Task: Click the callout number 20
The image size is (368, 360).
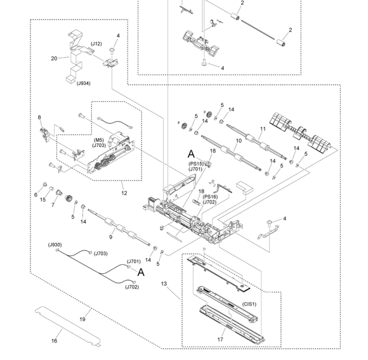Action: [54, 58]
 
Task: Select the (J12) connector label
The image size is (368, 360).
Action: [96, 44]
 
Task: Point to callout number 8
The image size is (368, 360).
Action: [39, 117]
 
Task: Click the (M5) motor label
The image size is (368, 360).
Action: [99, 140]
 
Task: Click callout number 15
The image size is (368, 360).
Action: [43, 200]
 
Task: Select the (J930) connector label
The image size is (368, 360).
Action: [55, 245]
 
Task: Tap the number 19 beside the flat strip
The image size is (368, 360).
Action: [82, 319]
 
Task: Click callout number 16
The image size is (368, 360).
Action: [54, 341]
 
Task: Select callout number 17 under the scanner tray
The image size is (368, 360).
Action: [220, 340]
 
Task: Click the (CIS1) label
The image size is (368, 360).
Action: [249, 304]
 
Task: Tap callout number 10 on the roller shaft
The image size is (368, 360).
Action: [239, 141]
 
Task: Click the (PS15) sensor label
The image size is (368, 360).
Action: [195, 164]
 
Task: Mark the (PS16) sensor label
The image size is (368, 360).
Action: [210, 196]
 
